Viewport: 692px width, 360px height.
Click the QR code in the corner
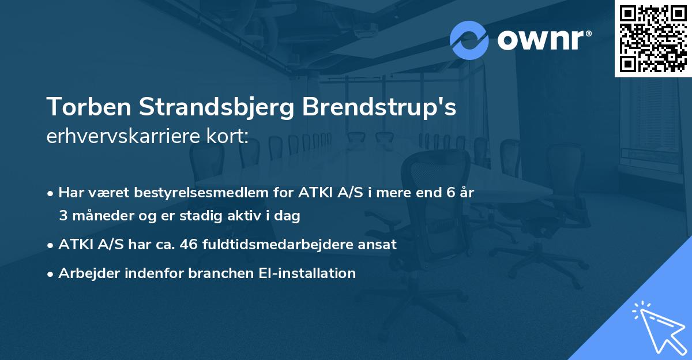coord(653,38)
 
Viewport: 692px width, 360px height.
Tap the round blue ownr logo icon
coord(469,40)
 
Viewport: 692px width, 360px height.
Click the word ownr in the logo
coord(540,40)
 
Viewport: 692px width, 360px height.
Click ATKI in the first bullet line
coord(314,193)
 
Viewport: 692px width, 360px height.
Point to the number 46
coord(190,245)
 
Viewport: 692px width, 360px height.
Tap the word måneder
coord(99,216)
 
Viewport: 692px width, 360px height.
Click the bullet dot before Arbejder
coord(51,273)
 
